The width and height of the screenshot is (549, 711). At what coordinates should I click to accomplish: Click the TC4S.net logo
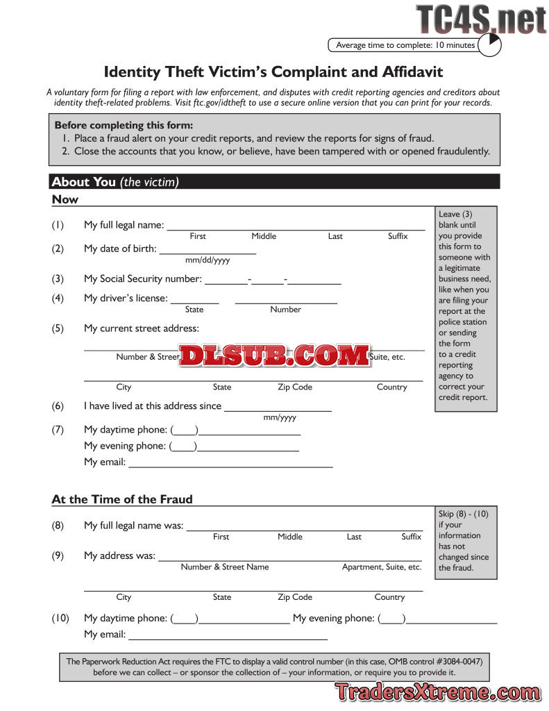[482, 19]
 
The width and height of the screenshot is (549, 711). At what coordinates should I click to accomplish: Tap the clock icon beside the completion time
[490, 45]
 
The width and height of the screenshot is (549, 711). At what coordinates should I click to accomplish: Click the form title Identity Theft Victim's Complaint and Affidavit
[273, 72]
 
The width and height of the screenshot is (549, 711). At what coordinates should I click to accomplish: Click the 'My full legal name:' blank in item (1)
[296, 226]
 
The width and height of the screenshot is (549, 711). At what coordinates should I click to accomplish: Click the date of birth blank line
[208, 249]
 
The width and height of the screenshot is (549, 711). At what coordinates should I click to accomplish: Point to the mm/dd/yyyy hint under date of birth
[208, 260]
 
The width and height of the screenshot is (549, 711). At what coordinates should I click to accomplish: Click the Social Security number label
[143, 279]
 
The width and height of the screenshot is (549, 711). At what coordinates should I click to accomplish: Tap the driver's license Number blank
[286, 300]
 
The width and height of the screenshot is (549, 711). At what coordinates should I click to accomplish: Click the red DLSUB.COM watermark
[275, 356]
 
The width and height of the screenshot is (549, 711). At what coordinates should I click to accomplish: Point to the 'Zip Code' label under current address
[295, 387]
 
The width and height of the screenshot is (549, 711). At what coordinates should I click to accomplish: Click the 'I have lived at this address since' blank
[278, 408]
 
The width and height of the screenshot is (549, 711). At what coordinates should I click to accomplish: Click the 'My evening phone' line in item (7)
[248, 447]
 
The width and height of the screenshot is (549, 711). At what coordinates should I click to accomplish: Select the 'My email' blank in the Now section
[230, 463]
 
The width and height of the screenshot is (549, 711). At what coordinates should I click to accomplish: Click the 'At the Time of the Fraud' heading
[122, 499]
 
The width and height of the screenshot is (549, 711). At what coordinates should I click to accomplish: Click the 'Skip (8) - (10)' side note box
[466, 542]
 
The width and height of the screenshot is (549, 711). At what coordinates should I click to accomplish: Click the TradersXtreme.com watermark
[437, 692]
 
